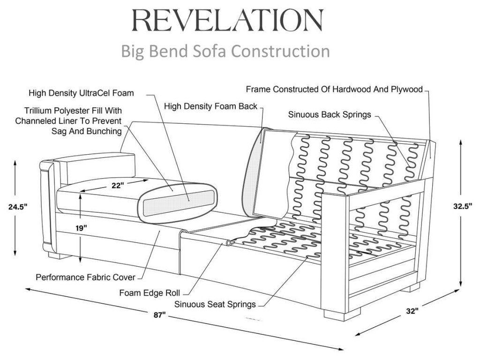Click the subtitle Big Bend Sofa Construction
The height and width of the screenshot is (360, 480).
point(225,50)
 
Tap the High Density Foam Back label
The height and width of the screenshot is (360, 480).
point(210,106)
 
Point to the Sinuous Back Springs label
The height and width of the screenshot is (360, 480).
point(330,114)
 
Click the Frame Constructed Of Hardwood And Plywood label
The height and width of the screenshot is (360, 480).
point(334,89)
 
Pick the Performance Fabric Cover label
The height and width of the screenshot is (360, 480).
point(86,277)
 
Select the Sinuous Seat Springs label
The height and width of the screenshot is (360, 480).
point(215,304)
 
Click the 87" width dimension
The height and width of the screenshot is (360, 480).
point(159,315)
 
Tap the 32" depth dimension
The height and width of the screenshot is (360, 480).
point(412,310)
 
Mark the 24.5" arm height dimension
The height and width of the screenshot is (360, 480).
point(16,205)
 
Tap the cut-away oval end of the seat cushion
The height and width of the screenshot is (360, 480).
point(178,201)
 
